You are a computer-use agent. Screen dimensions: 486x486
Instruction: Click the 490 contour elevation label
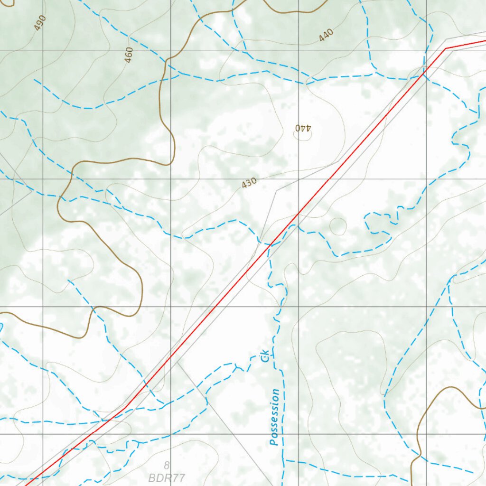pos(40,23)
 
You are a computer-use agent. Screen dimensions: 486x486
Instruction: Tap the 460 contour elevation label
pos(129,55)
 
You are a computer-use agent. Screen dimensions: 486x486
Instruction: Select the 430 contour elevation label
pos(249,183)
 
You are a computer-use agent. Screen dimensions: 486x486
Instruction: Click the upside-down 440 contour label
pos(302,128)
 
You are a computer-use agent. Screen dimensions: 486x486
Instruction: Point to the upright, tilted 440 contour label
pos(326,35)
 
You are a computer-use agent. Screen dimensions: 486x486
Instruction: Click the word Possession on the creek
pos(275,417)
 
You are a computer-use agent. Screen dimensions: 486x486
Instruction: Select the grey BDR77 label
pos(167,477)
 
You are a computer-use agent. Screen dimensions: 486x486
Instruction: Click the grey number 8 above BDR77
pos(167,466)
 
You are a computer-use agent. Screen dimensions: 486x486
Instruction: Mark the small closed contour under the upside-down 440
pos(302,135)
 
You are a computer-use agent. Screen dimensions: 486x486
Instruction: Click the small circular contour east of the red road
pos(337,226)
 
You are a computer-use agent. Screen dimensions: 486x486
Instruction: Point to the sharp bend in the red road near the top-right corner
pos(445,48)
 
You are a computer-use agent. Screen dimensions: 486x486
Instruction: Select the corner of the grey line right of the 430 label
pos(277,191)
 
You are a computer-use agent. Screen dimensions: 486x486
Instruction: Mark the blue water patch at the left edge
pos(1,327)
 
